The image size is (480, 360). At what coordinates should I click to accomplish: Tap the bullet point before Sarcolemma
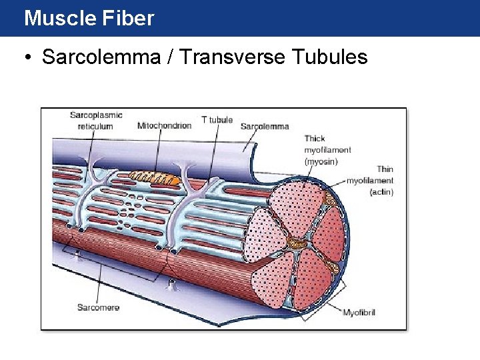click(27, 57)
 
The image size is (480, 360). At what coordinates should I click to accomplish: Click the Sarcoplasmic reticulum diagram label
click(96, 121)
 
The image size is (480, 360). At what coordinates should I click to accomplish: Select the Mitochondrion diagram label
click(165, 125)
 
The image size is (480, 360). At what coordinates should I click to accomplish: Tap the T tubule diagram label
click(217, 120)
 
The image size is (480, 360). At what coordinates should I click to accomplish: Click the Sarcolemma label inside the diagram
click(265, 126)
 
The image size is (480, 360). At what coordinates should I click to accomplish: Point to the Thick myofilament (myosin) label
click(327, 150)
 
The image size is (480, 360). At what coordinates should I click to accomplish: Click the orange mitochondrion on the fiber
click(155, 177)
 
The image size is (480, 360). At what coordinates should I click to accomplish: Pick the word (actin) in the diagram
click(381, 192)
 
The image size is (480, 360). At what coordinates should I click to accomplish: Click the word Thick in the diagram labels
click(315, 139)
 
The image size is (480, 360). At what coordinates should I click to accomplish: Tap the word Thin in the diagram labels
click(385, 169)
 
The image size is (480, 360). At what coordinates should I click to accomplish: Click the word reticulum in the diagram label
click(95, 126)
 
